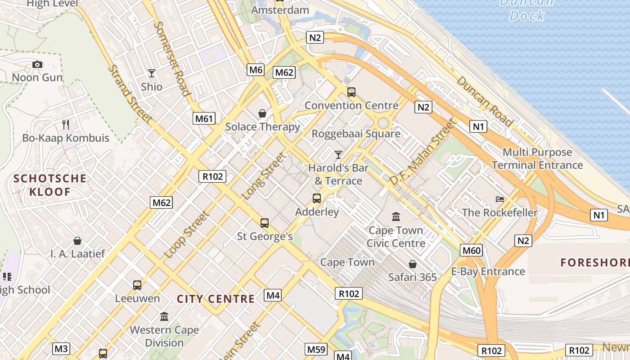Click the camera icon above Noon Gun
(37, 65)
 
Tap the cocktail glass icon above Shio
(152, 73)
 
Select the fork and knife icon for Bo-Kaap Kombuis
(66, 125)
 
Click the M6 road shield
(256, 70)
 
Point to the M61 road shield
(204, 118)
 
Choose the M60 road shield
(471, 250)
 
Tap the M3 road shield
(61, 348)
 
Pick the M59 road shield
(316, 349)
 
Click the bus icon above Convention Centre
(351, 92)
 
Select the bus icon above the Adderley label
(317, 198)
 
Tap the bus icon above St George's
(265, 223)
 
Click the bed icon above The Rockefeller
(499, 199)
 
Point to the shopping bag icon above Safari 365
(412, 264)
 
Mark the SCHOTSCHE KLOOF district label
(50, 185)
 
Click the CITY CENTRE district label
(216, 299)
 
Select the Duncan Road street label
(485, 101)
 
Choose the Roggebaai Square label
(356, 134)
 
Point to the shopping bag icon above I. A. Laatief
(77, 241)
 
